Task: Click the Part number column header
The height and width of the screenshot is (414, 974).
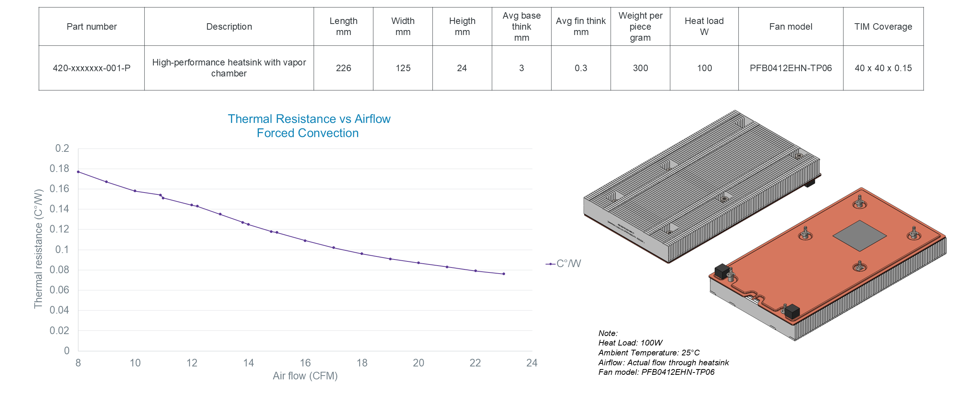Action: pos(91,27)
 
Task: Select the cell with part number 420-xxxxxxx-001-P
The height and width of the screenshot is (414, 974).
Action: pos(91,68)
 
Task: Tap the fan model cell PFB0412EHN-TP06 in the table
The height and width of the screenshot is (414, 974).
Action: pos(791,68)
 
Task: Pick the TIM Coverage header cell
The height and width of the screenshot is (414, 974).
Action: pos(883,27)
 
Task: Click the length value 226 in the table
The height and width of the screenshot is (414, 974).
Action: pos(343,68)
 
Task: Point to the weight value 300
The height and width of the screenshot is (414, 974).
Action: pos(640,68)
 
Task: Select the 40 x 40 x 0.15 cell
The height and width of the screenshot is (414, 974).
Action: pos(883,68)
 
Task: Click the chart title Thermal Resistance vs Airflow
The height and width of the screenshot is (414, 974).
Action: pos(309,119)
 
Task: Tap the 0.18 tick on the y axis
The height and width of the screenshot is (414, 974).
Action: pos(59,169)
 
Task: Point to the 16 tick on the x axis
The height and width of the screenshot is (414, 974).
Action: pos(305,363)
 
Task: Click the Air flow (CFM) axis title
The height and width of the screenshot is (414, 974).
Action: pos(305,376)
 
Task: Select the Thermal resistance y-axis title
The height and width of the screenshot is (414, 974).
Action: pos(38,249)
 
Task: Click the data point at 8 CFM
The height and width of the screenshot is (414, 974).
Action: pos(78,172)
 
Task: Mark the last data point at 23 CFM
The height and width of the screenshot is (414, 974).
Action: pos(504,274)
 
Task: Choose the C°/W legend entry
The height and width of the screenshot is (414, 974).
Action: pos(564,264)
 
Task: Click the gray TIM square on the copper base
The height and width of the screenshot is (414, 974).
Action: pos(859,236)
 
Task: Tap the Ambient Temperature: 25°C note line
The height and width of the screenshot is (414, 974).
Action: pos(649,353)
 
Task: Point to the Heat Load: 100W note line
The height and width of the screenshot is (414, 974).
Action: pos(630,343)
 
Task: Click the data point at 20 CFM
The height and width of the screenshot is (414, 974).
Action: pos(419,263)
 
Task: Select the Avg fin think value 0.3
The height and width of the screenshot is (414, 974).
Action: pos(581,68)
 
